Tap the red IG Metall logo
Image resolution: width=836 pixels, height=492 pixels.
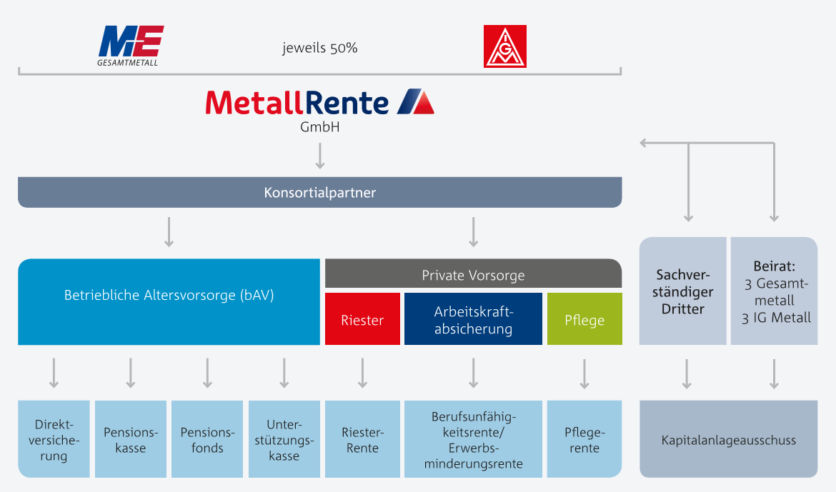(505, 46)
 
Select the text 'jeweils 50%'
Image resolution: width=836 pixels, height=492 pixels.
(320, 48)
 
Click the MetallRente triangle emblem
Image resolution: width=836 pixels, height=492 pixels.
(416, 101)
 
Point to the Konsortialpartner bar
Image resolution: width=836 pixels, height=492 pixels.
(320, 192)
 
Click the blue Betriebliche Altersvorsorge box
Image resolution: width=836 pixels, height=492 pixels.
(169, 302)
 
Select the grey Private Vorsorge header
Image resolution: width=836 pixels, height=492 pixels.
(474, 274)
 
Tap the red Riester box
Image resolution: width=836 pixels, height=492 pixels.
(362, 318)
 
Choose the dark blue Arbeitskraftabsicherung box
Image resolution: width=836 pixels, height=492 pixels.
(474, 318)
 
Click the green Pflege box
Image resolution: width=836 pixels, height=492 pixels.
(585, 318)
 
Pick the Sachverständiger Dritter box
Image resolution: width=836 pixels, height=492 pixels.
(683, 291)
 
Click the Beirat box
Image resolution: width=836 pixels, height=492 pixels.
(774, 291)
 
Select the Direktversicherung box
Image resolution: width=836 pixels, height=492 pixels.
(54, 439)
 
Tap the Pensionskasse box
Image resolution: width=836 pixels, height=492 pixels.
(131, 439)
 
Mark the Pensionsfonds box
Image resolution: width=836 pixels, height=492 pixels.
(207, 439)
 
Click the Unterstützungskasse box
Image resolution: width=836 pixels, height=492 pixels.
(284, 439)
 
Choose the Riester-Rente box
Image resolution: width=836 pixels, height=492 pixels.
(362, 439)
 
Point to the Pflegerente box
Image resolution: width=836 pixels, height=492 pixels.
(585, 439)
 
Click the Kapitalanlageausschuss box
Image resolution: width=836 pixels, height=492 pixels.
(729, 439)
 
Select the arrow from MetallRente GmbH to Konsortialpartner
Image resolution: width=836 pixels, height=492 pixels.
(320, 156)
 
